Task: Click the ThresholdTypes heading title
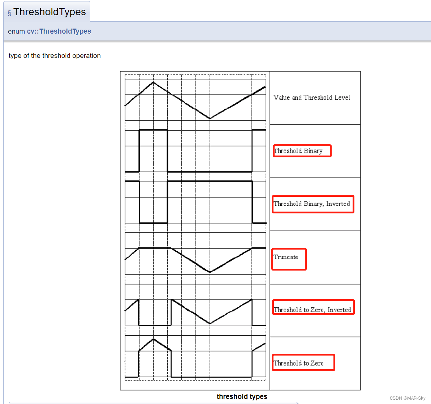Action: (49, 12)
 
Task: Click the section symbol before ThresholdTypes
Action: (9, 13)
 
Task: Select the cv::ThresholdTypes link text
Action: (59, 31)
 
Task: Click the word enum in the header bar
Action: (16, 31)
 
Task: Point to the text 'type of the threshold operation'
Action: (55, 56)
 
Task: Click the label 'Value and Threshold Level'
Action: (312, 98)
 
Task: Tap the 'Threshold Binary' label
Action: (298, 151)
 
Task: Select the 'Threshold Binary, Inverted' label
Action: (312, 204)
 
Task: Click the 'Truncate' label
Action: (286, 257)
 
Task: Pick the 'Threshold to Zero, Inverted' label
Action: (313, 310)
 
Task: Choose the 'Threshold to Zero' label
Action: (299, 363)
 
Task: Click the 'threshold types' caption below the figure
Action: (242, 396)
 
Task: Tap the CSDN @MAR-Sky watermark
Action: (407, 398)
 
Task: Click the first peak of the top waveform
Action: (154, 82)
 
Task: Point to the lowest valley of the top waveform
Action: (210, 118)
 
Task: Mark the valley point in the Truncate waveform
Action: (210, 272)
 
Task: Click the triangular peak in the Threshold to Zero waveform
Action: (154, 339)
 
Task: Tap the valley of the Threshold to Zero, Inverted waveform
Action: (210, 323)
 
